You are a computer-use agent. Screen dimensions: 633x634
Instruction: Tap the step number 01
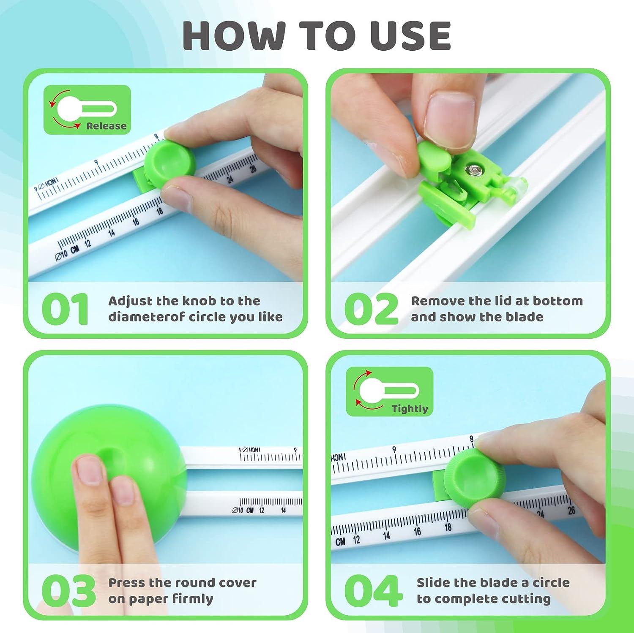coord(66,309)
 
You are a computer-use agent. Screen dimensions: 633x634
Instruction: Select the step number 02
coord(371,309)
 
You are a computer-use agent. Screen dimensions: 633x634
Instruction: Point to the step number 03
coord(68,591)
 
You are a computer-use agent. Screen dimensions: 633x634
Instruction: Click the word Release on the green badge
coord(106,126)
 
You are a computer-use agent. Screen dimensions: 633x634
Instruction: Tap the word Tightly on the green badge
coord(409,408)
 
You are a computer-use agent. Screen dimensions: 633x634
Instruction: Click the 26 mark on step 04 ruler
coord(571,510)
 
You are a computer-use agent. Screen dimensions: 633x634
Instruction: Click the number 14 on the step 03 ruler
coord(283,511)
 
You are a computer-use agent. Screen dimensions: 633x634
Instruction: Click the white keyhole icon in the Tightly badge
coord(383,391)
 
